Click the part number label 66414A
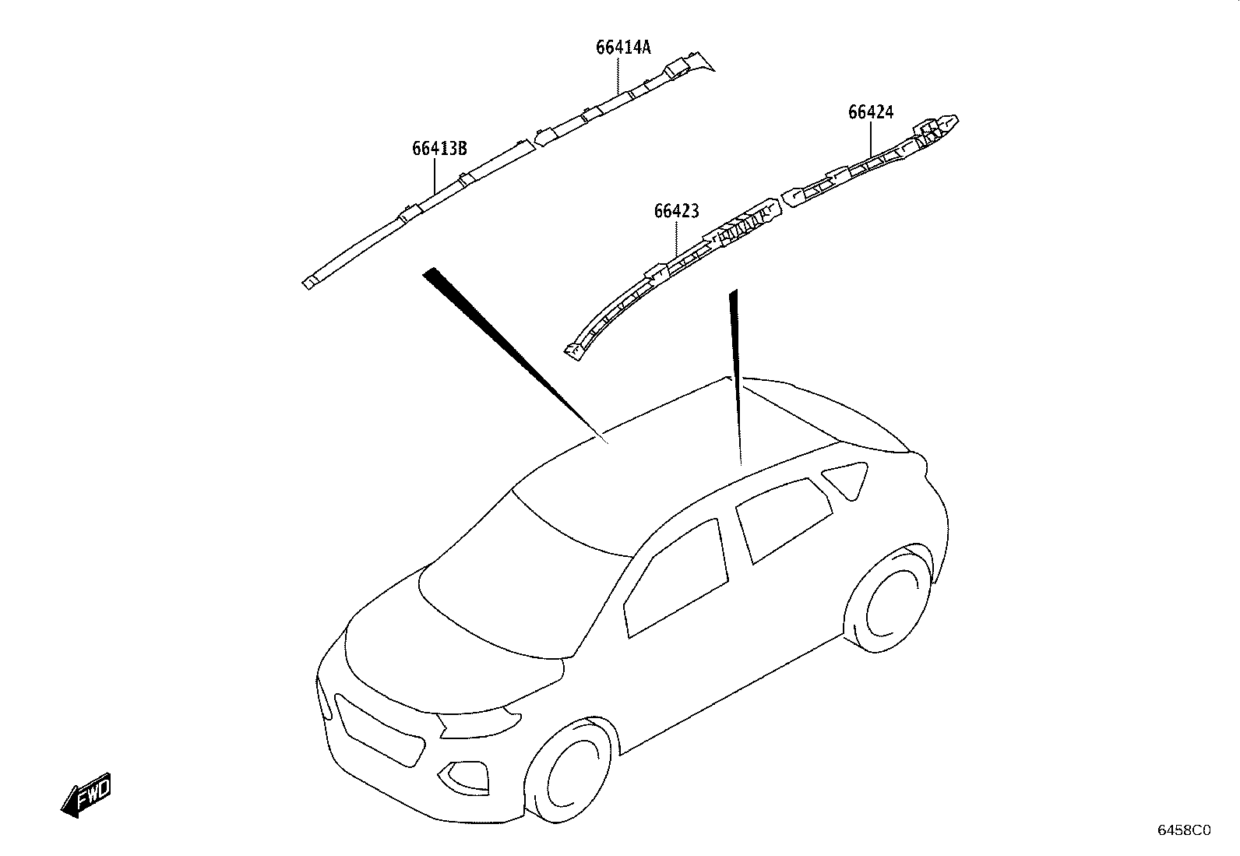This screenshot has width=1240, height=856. [x=623, y=48]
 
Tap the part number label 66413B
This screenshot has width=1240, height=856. [x=439, y=149]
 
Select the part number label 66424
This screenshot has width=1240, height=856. [x=871, y=112]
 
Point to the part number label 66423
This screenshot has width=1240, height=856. [x=676, y=211]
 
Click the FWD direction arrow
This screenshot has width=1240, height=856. [x=86, y=795]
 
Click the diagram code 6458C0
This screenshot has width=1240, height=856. [x=1184, y=830]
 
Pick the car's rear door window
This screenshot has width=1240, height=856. [x=784, y=520]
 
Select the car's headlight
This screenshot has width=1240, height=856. [x=479, y=723]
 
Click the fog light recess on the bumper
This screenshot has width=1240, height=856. [x=464, y=777]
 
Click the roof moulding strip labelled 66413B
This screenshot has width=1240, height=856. [x=418, y=213]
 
